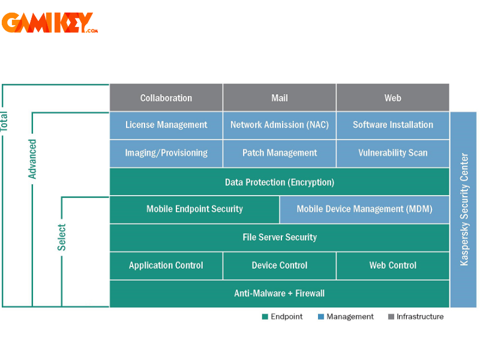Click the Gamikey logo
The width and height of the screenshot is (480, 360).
pyautogui.click(x=49, y=23)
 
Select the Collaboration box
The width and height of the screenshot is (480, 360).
pyautogui.click(x=166, y=98)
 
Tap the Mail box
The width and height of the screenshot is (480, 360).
pyautogui.click(x=280, y=98)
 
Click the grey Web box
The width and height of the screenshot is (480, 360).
pyautogui.click(x=392, y=98)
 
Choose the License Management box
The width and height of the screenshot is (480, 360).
pyautogui.click(x=166, y=125)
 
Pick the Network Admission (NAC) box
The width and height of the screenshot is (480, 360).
pyautogui.click(x=280, y=125)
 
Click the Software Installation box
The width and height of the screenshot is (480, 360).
pyautogui.click(x=392, y=125)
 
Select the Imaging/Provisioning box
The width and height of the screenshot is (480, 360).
pyautogui.click(x=166, y=153)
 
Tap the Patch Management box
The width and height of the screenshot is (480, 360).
pyautogui.click(x=280, y=153)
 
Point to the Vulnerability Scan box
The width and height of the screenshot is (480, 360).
pyautogui.click(x=392, y=153)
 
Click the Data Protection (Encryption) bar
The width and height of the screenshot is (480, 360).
pyautogui.click(x=280, y=182)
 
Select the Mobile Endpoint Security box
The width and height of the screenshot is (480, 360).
pyautogui.click(x=194, y=209)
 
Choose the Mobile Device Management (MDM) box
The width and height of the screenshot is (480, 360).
pyautogui.click(x=364, y=209)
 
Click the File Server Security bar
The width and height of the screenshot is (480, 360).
pyautogui.click(x=280, y=237)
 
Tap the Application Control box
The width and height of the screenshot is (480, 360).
pyautogui.click(x=166, y=265)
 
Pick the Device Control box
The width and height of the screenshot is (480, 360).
pyautogui.click(x=280, y=265)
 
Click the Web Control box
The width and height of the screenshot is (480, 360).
pyautogui.click(x=392, y=265)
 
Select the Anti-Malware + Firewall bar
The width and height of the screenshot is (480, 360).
pyautogui.click(x=280, y=293)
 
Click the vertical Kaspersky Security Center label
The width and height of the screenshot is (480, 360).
pyautogui.click(x=464, y=209)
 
